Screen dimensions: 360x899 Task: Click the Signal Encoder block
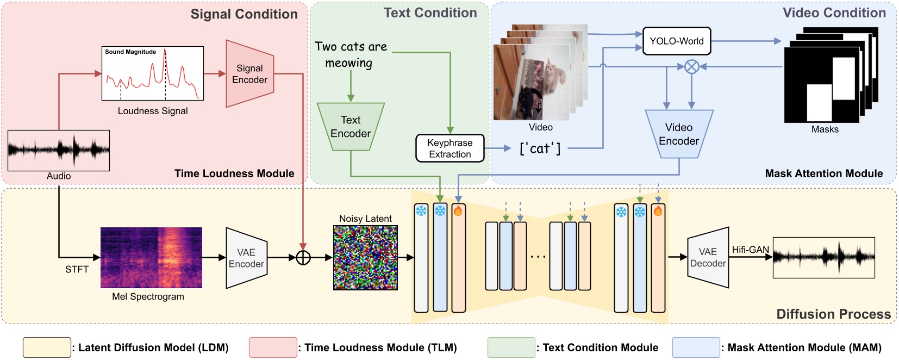(249, 74)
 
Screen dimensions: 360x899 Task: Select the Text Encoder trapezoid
(351, 127)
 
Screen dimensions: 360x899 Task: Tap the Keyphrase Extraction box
(450, 148)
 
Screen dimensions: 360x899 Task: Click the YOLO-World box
(676, 41)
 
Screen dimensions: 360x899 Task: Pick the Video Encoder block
(679, 134)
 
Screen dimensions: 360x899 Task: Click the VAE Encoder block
(246, 258)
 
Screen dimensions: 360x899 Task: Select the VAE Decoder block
(708, 258)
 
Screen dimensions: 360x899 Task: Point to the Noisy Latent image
(365, 257)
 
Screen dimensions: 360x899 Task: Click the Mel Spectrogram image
(151, 258)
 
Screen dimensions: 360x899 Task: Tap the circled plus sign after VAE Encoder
(303, 258)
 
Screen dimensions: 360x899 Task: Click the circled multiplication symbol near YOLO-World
(691, 67)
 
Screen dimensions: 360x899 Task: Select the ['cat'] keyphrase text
(540, 148)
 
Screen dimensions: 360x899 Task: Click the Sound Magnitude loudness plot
(153, 73)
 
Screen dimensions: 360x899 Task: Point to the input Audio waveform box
(59, 150)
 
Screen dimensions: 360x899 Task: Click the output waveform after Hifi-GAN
(823, 257)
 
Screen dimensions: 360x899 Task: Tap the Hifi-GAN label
(750, 250)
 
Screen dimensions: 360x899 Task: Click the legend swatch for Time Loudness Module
(273, 347)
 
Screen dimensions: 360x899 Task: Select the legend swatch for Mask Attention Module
(696, 347)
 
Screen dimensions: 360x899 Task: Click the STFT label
(77, 269)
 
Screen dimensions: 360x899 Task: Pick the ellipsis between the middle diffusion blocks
(538, 256)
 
